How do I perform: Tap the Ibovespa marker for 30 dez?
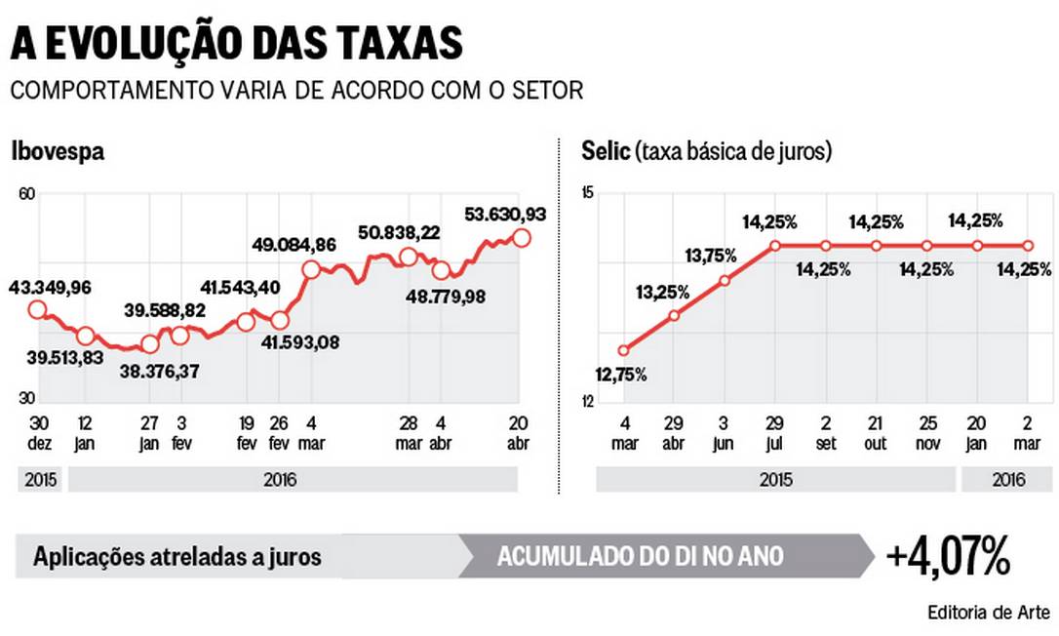tap(37, 310)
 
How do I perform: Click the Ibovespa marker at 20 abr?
tap(522, 237)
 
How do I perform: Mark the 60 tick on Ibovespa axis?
tap(26, 194)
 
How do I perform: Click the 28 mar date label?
tap(409, 432)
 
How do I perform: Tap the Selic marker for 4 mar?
tap(624, 350)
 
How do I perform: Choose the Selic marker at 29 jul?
tap(775, 246)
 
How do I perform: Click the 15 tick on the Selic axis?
tap(587, 194)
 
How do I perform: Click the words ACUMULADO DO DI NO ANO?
tap(640, 557)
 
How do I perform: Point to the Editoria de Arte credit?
tap(988, 613)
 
